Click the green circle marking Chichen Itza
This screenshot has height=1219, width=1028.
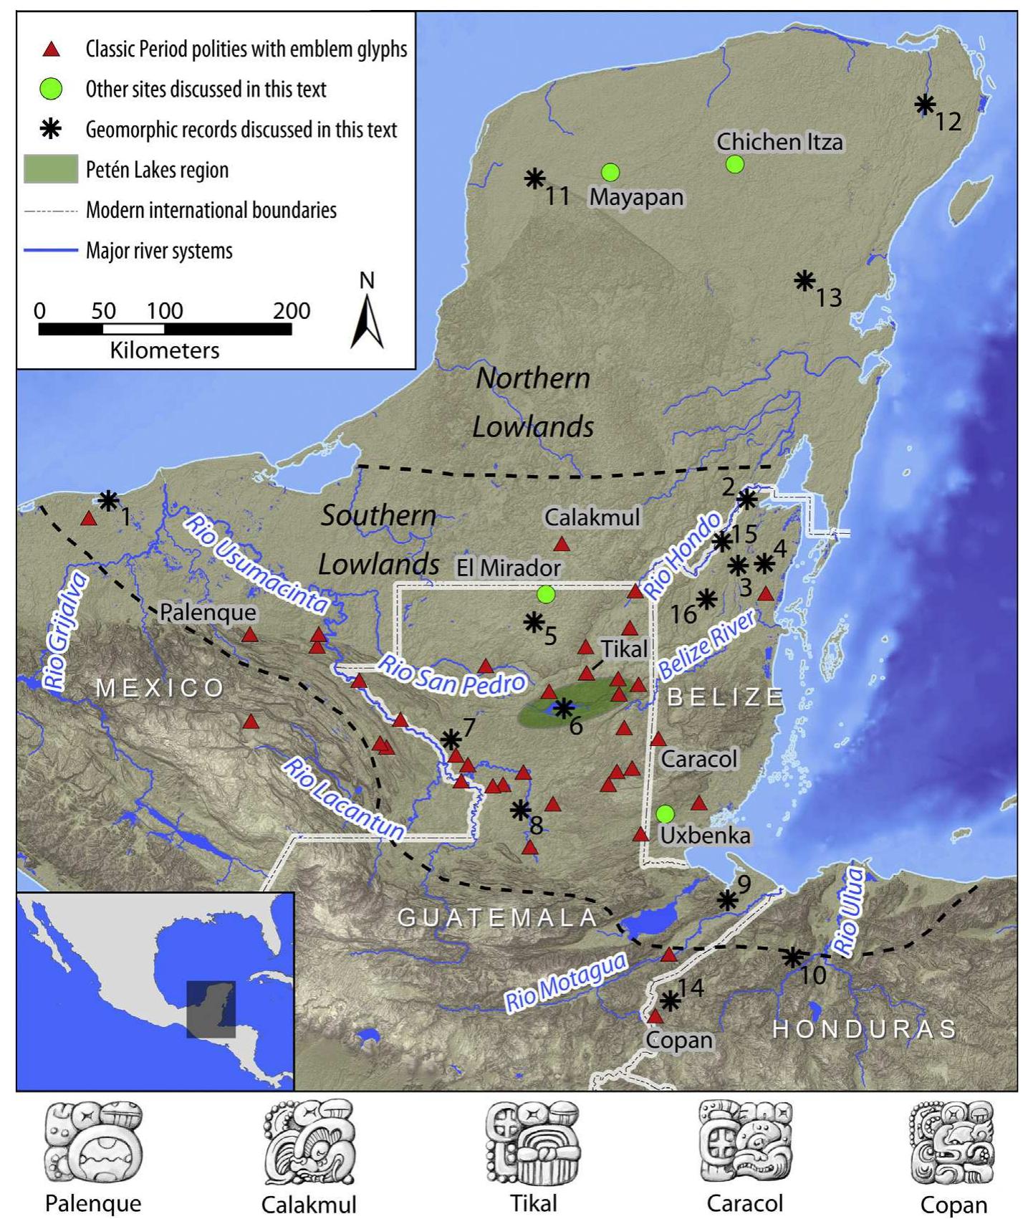pos(734,164)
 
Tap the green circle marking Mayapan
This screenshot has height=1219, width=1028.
pos(610,172)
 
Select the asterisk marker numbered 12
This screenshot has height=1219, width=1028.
pos(925,105)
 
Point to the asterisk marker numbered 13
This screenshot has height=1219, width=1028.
pos(805,280)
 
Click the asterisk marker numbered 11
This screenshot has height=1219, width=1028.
pos(534,178)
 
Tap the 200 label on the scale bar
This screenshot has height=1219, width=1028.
pos(291,310)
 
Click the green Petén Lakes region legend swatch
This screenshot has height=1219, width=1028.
pos(50,169)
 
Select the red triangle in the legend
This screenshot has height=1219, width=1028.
pos(51,49)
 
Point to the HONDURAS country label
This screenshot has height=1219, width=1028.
pos(864,1029)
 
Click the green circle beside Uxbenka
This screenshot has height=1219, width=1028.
pos(665,813)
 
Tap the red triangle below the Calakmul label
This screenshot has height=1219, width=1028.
pos(562,544)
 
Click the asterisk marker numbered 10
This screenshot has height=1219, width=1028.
pos(791,956)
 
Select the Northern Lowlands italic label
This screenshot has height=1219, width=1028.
pos(534,402)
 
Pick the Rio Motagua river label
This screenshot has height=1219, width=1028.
pos(566,983)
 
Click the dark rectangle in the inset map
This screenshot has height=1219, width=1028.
pos(211,1009)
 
